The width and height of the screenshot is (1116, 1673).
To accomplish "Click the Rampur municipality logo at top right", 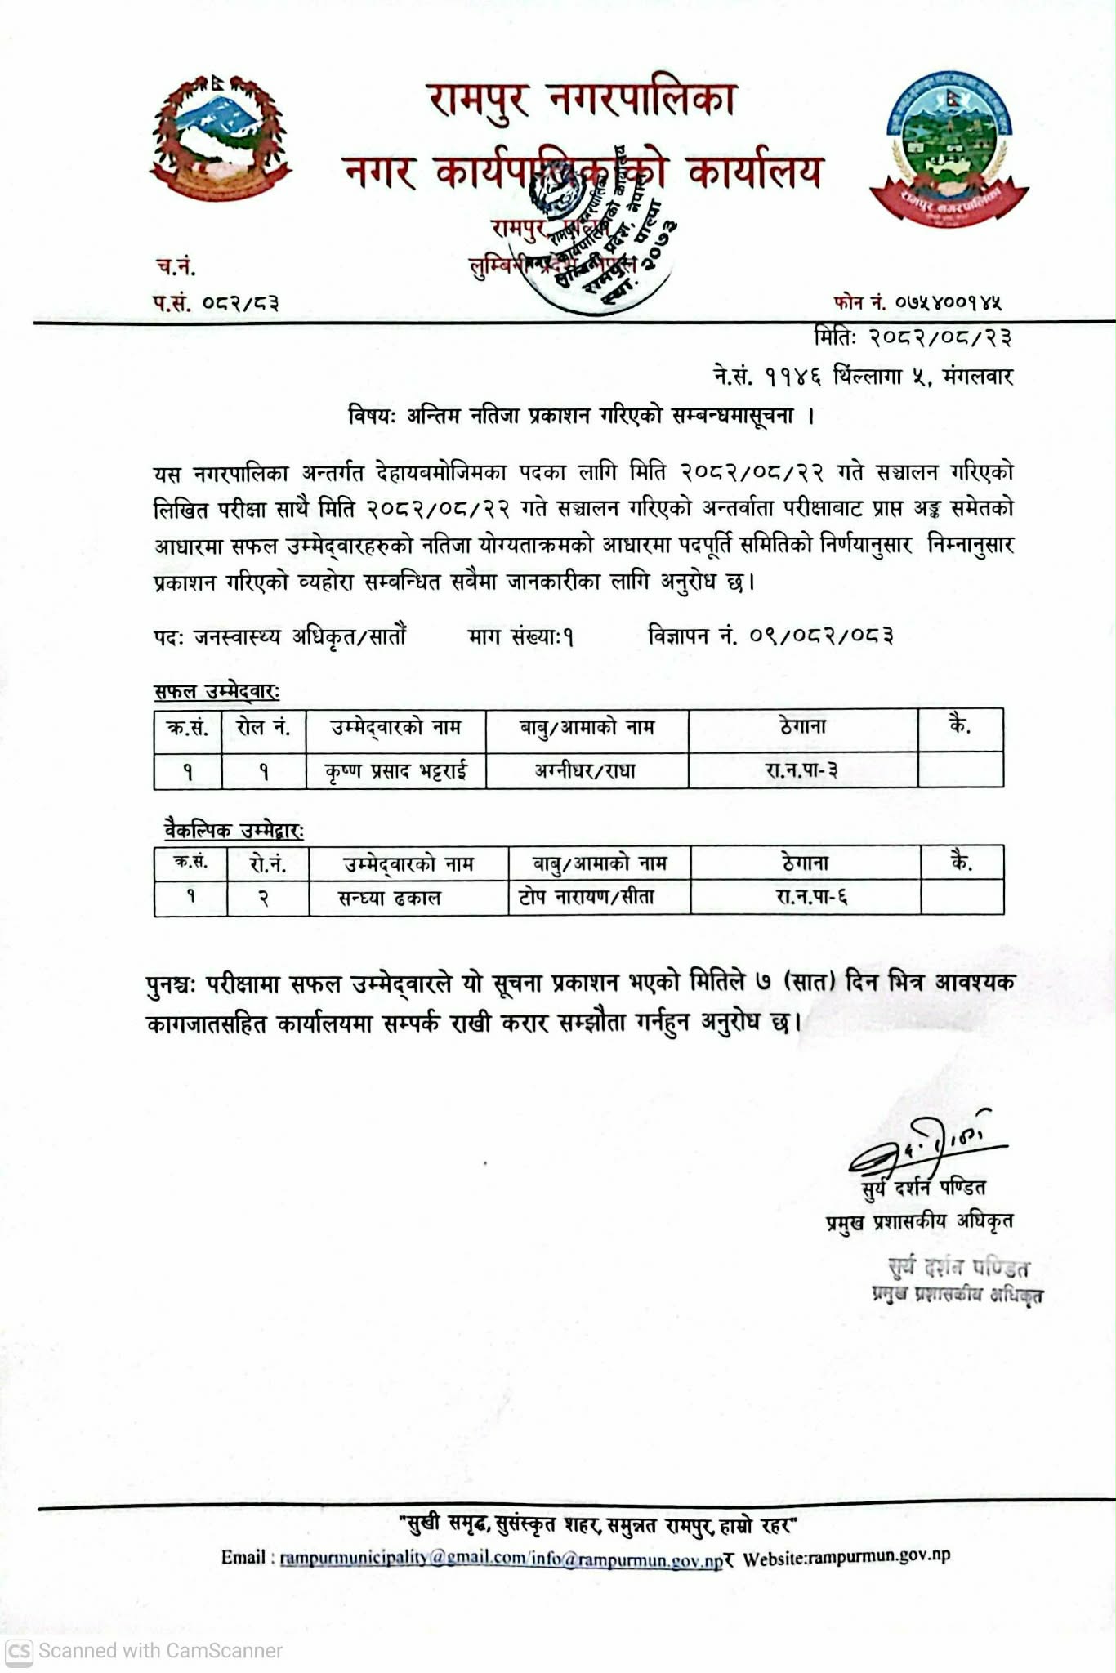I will pyautogui.click(x=949, y=148).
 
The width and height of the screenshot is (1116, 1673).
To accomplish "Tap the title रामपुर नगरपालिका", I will pyautogui.click(x=582, y=100).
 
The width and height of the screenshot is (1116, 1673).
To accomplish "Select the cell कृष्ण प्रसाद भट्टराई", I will pyautogui.click(x=395, y=771).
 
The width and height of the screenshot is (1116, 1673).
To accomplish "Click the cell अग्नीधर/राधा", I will pyautogui.click(x=586, y=770).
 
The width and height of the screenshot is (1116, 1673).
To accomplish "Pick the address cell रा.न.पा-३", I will pyautogui.click(x=801, y=770).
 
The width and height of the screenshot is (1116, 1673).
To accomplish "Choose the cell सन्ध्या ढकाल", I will pyautogui.click(x=390, y=899).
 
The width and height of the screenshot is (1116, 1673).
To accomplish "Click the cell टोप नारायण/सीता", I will pyautogui.click(x=587, y=898).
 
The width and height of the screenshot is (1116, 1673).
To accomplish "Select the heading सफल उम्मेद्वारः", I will pyautogui.click(x=217, y=692).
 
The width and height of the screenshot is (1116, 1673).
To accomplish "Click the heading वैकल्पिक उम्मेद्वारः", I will pyautogui.click(x=234, y=831).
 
